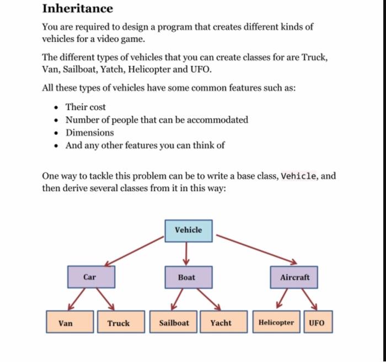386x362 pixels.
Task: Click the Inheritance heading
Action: pyautogui.click(x=78, y=9)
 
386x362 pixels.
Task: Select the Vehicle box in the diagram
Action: pyautogui.click(x=188, y=230)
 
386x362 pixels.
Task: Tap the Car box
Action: pyautogui.click(x=92, y=277)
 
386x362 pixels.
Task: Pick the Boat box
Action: pyautogui.click(x=187, y=277)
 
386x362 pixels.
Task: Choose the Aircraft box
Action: pyautogui.click(x=294, y=277)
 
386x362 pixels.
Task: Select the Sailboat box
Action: pyautogui.click(x=174, y=323)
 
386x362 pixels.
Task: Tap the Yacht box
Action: pyautogui.click(x=221, y=323)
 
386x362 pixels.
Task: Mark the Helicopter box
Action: pyautogui.click(x=276, y=323)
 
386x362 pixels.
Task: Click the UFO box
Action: pyautogui.click(x=317, y=323)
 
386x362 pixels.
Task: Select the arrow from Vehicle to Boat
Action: pyautogui.click(x=186, y=254)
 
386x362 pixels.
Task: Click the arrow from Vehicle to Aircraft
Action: pyautogui.click(x=256, y=249)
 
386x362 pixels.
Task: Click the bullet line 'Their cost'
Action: pyautogui.click(x=85, y=107)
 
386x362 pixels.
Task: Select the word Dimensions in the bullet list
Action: pyautogui.click(x=90, y=133)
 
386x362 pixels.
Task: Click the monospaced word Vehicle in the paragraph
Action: pyautogui.click(x=299, y=176)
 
